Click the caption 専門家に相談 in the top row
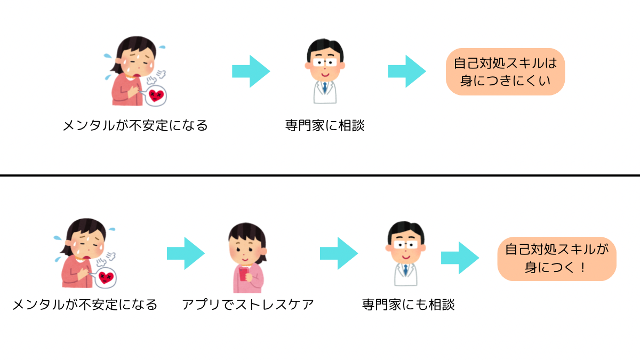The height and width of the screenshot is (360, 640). (324, 126)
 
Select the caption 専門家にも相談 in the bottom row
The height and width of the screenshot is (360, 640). (408, 305)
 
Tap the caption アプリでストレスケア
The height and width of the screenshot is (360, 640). (247, 305)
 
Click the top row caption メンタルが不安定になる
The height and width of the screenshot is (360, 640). (135, 126)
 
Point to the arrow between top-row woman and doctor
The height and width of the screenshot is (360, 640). (251, 71)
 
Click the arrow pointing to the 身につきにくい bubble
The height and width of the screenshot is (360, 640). (406, 71)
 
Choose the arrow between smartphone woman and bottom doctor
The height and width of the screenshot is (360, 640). (339, 253)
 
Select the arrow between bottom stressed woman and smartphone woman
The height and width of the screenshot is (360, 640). (186, 253)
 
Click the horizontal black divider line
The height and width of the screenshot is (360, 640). (320, 175)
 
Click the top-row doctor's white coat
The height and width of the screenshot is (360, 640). (325, 92)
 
